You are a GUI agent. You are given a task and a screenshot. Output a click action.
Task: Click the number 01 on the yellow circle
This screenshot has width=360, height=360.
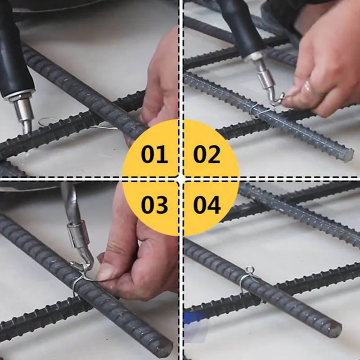point(154,154)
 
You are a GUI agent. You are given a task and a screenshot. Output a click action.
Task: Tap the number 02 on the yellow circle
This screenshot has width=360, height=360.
point(207,154)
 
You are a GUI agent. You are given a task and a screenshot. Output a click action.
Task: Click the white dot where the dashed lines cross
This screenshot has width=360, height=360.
point(180,179)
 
